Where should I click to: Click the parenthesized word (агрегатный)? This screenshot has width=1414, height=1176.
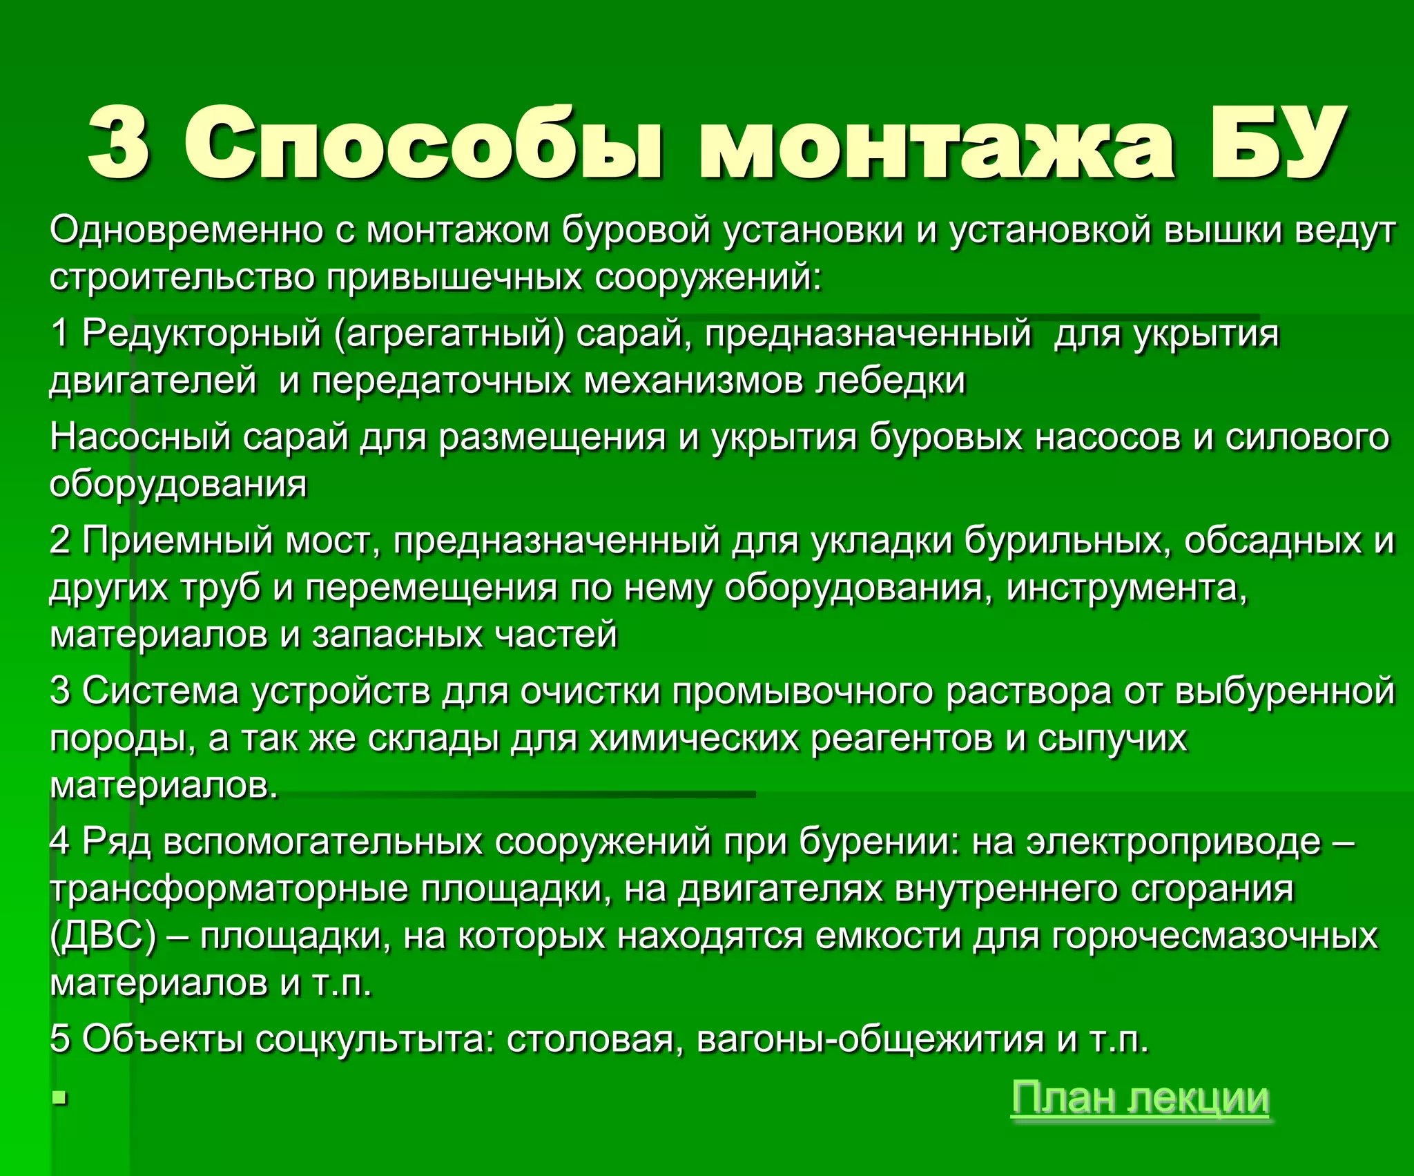click(449, 334)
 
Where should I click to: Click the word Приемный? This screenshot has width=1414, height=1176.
click(177, 540)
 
